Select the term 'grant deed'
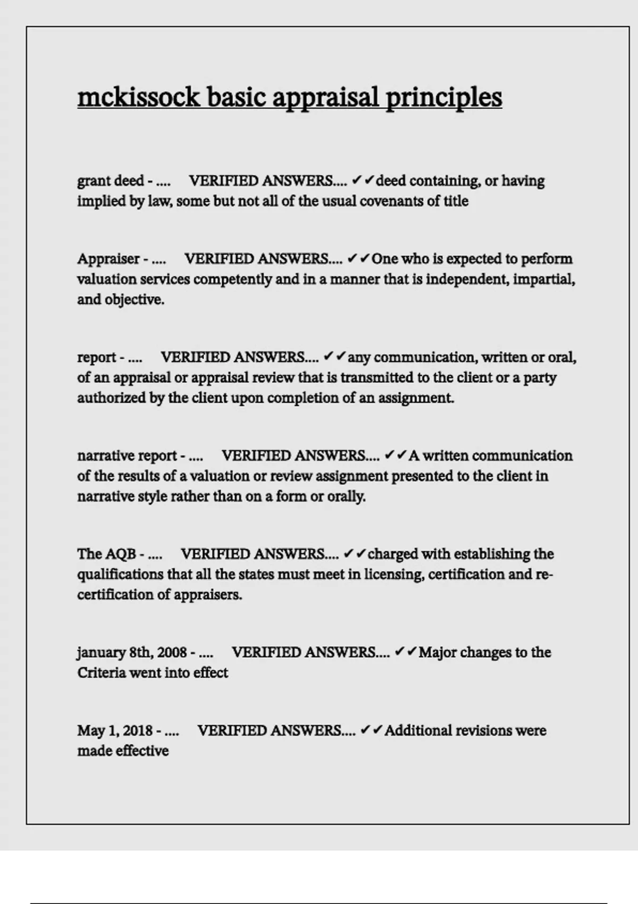point(111,181)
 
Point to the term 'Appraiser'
point(108,259)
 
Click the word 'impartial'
point(544,279)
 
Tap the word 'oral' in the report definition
point(561,357)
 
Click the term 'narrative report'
point(127,456)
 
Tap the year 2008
point(172,652)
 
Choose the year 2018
point(138,731)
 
